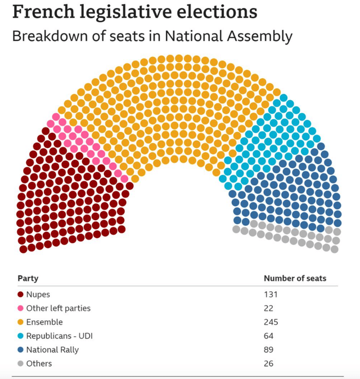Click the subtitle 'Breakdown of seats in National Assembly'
pyautogui.click(x=152, y=37)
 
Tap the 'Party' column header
pyautogui.click(x=28, y=278)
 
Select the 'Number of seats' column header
pyautogui.click(x=295, y=278)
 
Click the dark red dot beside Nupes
pyautogui.click(x=21, y=295)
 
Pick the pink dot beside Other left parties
pyautogui.click(x=21, y=308)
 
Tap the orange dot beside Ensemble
pyautogui.click(x=21, y=322)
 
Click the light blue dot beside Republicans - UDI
pyautogui.click(x=21, y=336)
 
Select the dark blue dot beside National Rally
pyautogui.click(x=21, y=350)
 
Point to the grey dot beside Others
pyautogui.click(x=21, y=363)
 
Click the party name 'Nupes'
pyautogui.click(x=38, y=295)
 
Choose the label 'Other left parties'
pyautogui.click(x=58, y=308)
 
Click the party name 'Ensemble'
pyautogui.click(x=44, y=322)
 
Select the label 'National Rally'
pyautogui.click(x=52, y=350)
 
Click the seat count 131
pyautogui.click(x=271, y=295)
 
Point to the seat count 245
pyautogui.click(x=271, y=322)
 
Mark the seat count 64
pyautogui.click(x=269, y=336)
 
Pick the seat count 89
pyautogui.click(x=269, y=350)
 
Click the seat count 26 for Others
pyautogui.click(x=269, y=363)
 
